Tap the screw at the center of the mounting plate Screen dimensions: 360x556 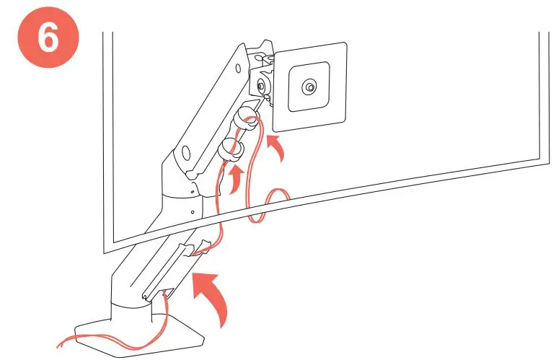309,87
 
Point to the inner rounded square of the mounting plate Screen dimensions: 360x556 309,87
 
